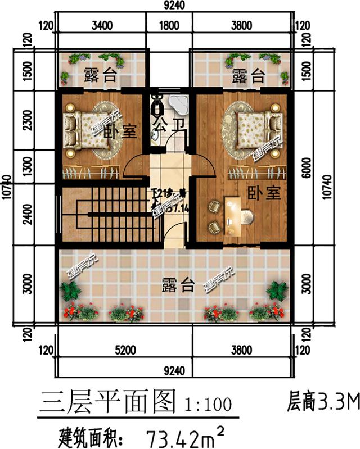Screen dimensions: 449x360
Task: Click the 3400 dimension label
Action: click(102, 25)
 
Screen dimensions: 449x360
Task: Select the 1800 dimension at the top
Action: click(169, 25)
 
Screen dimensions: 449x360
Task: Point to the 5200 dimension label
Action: click(127, 350)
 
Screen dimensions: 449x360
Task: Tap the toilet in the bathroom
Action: click(158, 103)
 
